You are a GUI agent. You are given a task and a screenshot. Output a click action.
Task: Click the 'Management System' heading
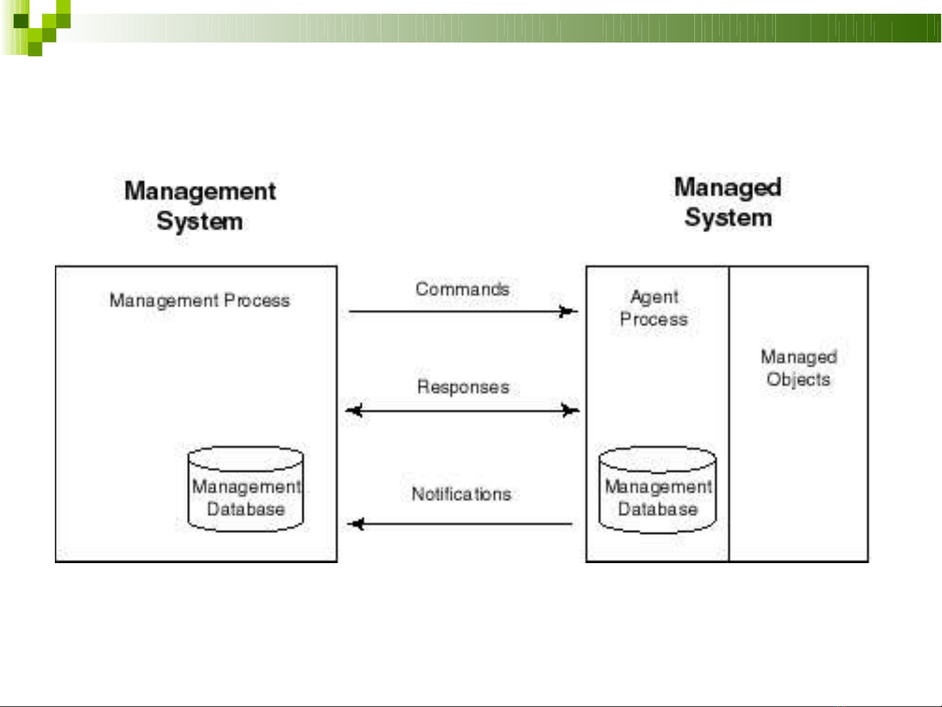click(x=200, y=206)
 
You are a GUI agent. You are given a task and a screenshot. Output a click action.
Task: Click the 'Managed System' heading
click(x=728, y=202)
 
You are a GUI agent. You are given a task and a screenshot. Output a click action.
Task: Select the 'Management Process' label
click(x=199, y=301)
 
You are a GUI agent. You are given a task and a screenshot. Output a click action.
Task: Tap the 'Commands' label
click(x=462, y=289)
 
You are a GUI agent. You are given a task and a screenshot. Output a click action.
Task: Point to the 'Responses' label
click(x=463, y=387)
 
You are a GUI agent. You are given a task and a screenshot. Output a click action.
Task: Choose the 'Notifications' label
click(x=462, y=494)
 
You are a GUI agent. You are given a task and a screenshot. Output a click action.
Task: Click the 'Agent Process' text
click(x=654, y=308)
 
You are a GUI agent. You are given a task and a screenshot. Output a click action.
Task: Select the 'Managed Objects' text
click(x=799, y=368)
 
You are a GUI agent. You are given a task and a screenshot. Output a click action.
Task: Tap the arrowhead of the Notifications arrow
click(x=356, y=524)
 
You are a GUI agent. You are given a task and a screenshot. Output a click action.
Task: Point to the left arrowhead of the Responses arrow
click(x=354, y=411)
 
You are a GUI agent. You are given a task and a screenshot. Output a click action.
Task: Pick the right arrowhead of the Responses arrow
click(x=571, y=411)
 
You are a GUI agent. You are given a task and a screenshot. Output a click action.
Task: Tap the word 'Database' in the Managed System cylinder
click(x=658, y=509)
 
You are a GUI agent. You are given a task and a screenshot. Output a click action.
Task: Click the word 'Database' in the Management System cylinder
click(x=246, y=509)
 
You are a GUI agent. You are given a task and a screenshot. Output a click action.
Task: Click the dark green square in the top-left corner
click(x=21, y=21)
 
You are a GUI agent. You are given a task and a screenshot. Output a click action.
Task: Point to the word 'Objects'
click(x=798, y=379)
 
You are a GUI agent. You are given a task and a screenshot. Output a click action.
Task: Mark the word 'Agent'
click(x=654, y=297)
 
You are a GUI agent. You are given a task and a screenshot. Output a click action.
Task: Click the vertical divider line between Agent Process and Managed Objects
click(x=729, y=414)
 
